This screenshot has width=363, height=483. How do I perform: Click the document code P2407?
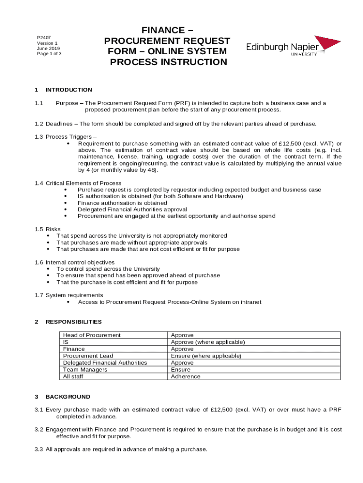(x=44, y=37)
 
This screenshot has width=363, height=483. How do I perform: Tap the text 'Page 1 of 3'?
(x=49, y=53)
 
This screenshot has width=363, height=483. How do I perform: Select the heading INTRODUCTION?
(x=69, y=90)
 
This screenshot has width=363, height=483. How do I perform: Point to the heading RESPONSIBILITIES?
(x=74, y=322)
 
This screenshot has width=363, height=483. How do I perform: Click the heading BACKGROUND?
(x=68, y=397)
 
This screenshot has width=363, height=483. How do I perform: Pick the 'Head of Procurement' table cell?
(x=92, y=335)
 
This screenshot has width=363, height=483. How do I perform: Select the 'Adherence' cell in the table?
(x=186, y=376)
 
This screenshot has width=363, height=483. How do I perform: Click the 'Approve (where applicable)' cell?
(x=208, y=342)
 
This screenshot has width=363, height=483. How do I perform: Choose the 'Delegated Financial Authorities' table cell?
(x=105, y=363)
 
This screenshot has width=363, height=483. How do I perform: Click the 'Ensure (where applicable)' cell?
(x=206, y=356)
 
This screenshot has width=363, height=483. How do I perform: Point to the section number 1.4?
(x=39, y=183)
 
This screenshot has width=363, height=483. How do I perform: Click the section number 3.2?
(x=39, y=430)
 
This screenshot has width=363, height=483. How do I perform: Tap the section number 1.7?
(x=39, y=295)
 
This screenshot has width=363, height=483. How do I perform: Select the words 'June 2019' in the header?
(x=49, y=48)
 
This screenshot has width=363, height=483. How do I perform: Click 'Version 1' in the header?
(x=47, y=43)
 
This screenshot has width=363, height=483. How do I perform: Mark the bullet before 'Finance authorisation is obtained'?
(x=65, y=203)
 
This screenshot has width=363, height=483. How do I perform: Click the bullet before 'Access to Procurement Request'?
(x=69, y=302)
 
